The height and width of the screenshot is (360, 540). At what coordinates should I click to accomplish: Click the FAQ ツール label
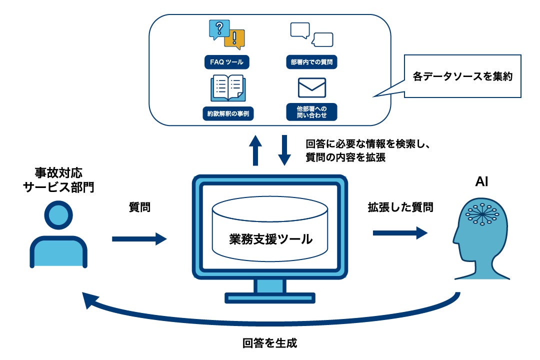pos(226,62)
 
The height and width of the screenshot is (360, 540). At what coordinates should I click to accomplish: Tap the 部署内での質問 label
pos(311,62)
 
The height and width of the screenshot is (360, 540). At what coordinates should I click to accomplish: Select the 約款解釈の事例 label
pos(228,113)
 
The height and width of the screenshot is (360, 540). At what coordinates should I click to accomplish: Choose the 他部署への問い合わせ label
pos(311,112)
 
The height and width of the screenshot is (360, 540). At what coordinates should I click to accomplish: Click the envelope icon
pos(311,88)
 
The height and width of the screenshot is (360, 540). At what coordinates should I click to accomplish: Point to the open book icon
pos(228,88)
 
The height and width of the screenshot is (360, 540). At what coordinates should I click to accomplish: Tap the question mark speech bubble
pos(218,29)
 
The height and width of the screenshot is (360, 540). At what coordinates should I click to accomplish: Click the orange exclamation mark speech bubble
pos(235,39)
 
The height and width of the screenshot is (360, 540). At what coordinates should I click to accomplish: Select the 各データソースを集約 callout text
pos(462,76)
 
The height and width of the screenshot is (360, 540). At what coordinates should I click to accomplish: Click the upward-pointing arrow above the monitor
pos(255,150)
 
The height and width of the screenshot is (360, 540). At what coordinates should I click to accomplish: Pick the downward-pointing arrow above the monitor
pos(284,150)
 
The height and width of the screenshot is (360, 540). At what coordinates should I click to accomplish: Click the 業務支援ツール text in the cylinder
pos(270,239)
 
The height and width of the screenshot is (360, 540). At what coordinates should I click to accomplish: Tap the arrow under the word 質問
pos(139,238)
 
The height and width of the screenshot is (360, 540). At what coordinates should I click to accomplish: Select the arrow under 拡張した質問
pos(400,233)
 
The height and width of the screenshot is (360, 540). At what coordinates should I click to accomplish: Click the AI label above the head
pos(481,181)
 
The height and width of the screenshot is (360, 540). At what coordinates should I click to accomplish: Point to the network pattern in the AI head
pos(482,214)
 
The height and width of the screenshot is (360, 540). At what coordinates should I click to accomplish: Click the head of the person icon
pos(58,215)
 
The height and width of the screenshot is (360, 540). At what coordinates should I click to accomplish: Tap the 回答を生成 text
pos(269,343)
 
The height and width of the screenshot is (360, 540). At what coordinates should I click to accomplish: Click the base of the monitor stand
pos(270,298)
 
